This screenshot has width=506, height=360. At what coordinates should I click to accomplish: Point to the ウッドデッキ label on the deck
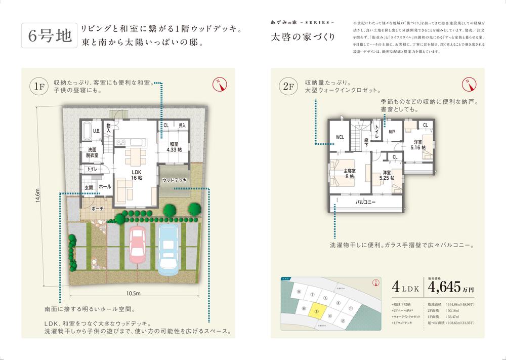(175, 180)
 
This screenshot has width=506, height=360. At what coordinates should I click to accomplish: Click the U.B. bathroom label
(96, 131)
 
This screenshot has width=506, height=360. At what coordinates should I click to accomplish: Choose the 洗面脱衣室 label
(93, 153)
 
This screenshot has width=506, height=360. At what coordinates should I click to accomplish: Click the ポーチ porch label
(98, 208)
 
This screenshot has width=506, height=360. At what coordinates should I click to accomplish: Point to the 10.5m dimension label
(133, 293)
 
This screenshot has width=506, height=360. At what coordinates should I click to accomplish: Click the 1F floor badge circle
(39, 87)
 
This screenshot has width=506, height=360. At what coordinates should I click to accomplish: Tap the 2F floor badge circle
(289, 87)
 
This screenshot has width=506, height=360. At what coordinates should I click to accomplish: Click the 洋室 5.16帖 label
(418, 144)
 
